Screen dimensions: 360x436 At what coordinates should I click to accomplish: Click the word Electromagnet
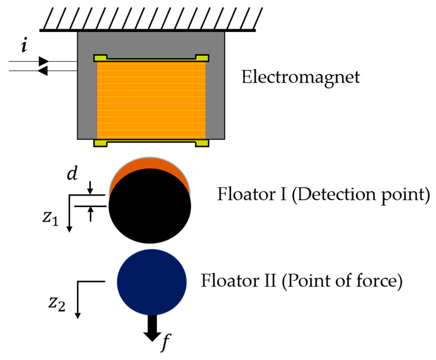pyautogui.click(x=301, y=77)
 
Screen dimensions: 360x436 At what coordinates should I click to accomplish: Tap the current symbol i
pyautogui.click(x=24, y=46)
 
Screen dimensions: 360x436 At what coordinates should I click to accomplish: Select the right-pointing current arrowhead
pyautogui.click(x=43, y=62)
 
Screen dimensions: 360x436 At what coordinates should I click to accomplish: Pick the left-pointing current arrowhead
pyautogui.click(x=43, y=70)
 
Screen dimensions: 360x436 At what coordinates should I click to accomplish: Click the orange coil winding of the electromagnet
pyautogui.click(x=151, y=100)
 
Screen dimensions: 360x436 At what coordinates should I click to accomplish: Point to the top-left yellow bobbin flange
pyautogui.click(x=100, y=58)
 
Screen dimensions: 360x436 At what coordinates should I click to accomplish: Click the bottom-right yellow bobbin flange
pyautogui.click(x=202, y=143)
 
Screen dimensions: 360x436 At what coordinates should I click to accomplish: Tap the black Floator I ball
pyautogui.click(x=150, y=208)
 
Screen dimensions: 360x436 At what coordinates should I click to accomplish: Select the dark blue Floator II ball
pyautogui.click(x=152, y=282)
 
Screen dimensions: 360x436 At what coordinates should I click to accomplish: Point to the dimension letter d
pyautogui.click(x=72, y=173)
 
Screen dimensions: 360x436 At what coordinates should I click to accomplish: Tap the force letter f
pyautogui.click(x=165, y=342)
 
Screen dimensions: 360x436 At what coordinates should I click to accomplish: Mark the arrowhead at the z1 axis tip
pyautogui.click(x=69, y=229)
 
